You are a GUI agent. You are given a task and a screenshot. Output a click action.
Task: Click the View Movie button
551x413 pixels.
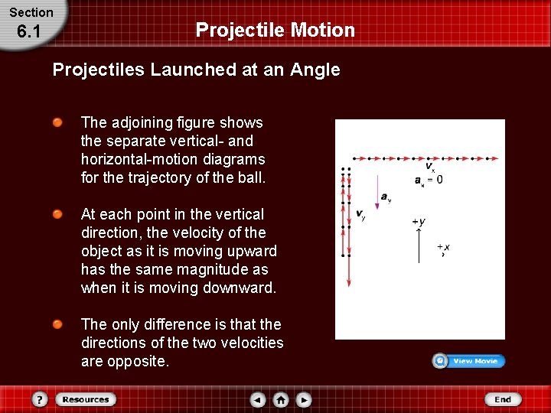468,361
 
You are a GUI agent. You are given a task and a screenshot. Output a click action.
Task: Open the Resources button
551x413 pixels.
84,399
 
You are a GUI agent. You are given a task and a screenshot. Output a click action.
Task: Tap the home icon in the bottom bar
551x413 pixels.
281,399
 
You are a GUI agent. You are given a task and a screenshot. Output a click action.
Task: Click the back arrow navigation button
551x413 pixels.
258,399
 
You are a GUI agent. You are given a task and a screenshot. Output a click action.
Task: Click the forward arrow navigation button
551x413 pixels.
304,399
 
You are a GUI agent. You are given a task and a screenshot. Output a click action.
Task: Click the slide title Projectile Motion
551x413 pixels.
275,30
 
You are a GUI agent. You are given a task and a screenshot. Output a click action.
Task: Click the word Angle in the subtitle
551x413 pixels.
315,70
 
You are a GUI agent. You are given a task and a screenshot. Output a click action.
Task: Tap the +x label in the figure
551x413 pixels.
443,247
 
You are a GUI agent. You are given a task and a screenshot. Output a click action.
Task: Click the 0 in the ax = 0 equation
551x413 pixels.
439,180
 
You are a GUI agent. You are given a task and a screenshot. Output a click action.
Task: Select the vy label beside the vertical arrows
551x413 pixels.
360,215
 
